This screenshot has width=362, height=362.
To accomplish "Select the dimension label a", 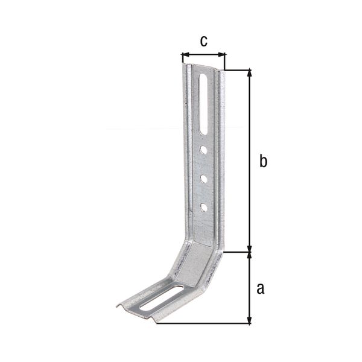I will tap(261, 288).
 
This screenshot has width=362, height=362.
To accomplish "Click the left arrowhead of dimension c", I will tap(184, 56).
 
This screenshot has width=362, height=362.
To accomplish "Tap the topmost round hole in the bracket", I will tap(205, 149).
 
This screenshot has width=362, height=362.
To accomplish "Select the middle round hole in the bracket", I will tap(204, 179).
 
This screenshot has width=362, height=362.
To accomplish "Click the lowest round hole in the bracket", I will tap(204, 207).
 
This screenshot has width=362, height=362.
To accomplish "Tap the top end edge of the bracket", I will tap(203, 67).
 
